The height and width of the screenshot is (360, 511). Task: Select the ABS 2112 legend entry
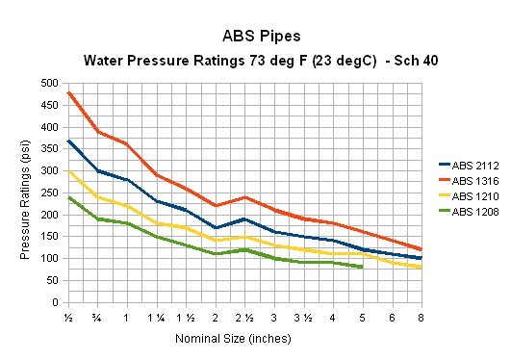[x=472, y=166]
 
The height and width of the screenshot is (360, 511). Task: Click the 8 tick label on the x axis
[x=421, y=318]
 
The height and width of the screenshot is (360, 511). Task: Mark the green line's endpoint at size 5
[x=361, y=267]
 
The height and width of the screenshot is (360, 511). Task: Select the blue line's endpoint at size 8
[x=421, y=258]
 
